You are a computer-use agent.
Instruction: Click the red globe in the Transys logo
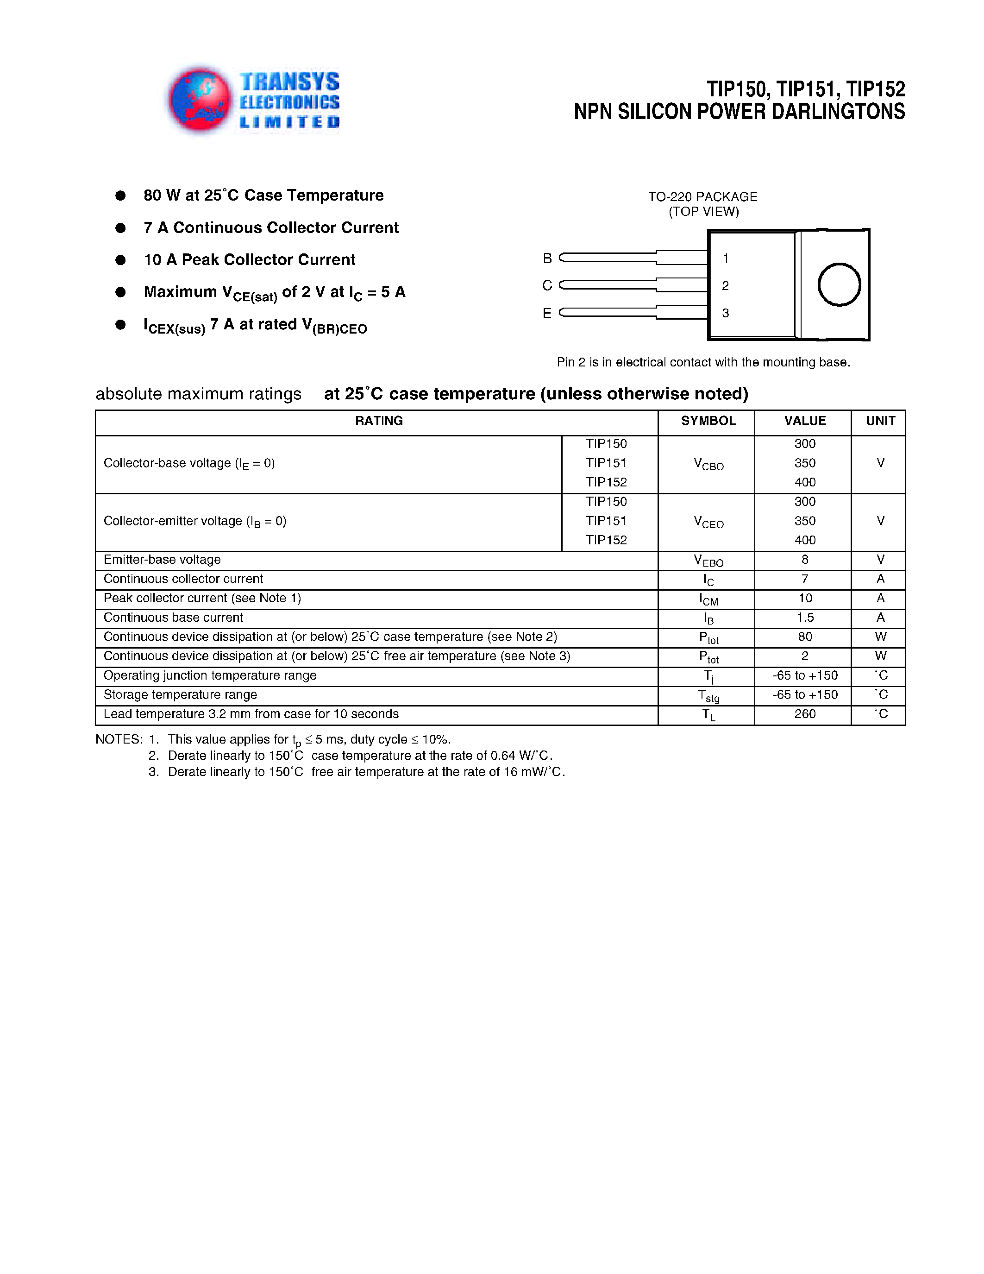pos(200,99)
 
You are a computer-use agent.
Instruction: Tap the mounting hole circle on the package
pos(839,284)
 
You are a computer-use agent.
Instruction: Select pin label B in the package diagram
pos(547,258)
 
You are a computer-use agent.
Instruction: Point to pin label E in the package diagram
pos(547,313)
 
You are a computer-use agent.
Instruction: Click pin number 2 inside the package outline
pos(725,285)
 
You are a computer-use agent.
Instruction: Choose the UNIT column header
pos(880,421)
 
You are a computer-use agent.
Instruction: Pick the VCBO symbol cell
pos(708,464)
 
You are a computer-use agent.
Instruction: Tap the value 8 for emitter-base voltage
pos(804,560)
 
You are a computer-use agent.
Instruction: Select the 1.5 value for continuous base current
pos(804,617)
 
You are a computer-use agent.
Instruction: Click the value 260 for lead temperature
pos(804,714)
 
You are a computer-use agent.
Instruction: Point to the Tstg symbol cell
pos(708,695)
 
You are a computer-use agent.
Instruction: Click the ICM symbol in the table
pos(708,599)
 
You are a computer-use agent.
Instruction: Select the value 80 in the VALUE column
pos(804,637)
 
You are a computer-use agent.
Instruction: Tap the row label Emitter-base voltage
pos(162,560)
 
